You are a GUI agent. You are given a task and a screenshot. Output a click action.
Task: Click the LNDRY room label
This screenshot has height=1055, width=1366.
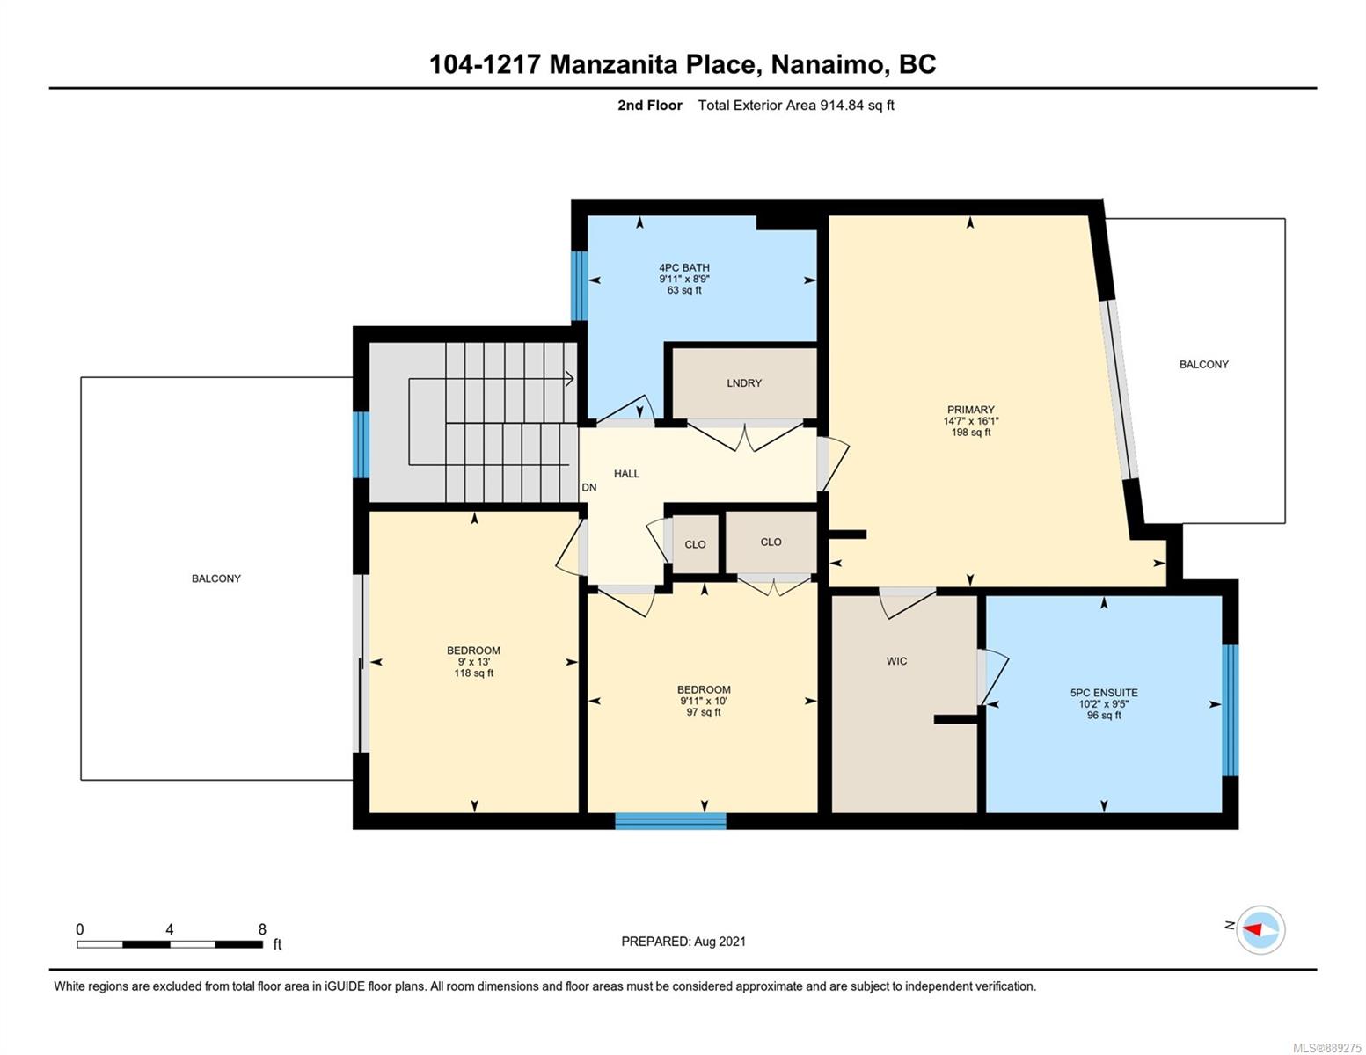743,382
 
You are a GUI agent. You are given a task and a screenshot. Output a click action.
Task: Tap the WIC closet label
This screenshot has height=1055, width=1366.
896,661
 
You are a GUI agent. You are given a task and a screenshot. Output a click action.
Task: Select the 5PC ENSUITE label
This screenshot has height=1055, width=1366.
1104,693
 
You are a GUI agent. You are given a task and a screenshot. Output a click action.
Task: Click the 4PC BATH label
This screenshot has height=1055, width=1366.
684,267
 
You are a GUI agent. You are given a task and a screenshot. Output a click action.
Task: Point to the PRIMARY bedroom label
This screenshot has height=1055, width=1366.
970,410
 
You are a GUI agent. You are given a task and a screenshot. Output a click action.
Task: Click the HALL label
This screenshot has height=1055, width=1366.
626,474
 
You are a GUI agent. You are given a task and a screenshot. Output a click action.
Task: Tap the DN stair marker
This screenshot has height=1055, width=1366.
589,488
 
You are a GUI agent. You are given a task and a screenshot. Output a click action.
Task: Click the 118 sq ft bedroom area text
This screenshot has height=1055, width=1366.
473,673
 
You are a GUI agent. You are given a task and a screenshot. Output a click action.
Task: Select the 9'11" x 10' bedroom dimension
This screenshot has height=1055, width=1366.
704,701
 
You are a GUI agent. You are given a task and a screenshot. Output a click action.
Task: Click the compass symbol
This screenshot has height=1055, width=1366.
1260,929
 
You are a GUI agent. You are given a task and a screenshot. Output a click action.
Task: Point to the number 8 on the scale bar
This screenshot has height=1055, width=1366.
262,928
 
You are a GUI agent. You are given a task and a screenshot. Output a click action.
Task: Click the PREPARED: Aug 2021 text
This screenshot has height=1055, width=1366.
683,942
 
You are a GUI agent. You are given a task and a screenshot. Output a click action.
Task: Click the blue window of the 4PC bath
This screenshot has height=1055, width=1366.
579,287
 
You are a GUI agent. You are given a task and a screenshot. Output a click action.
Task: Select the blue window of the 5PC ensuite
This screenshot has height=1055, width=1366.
1231,710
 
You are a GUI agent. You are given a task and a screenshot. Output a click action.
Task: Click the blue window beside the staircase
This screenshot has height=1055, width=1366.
361,445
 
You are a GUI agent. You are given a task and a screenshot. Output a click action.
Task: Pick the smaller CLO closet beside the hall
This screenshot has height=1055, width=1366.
695,544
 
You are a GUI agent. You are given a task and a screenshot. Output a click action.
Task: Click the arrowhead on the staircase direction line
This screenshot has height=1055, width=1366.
570,379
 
